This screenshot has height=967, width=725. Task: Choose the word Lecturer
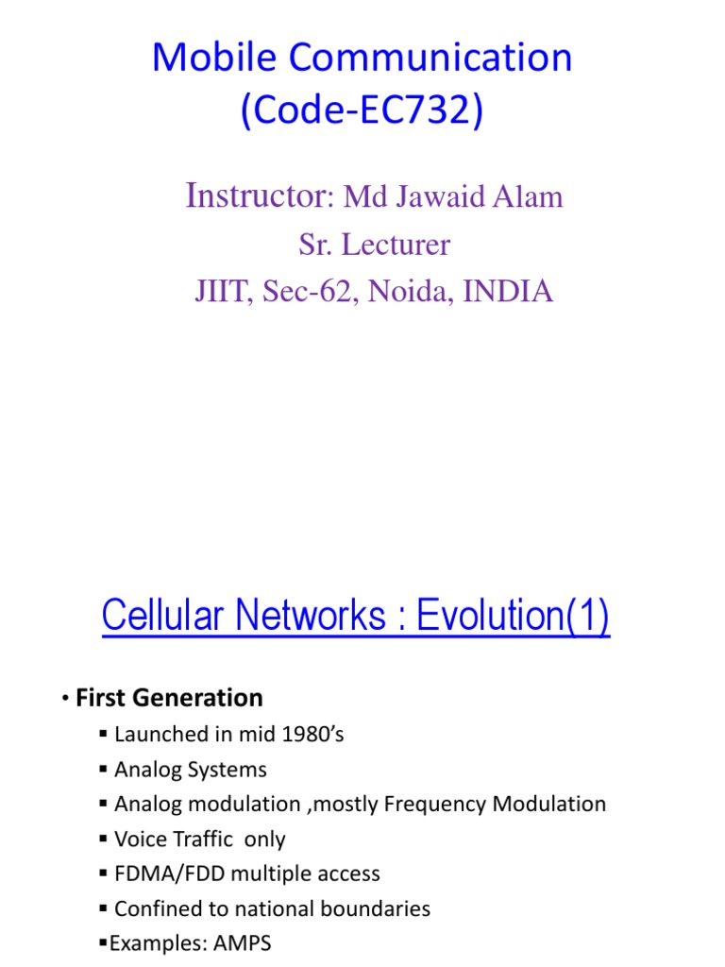[x=396, y=245]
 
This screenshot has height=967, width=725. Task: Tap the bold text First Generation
[x=169, y=698]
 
